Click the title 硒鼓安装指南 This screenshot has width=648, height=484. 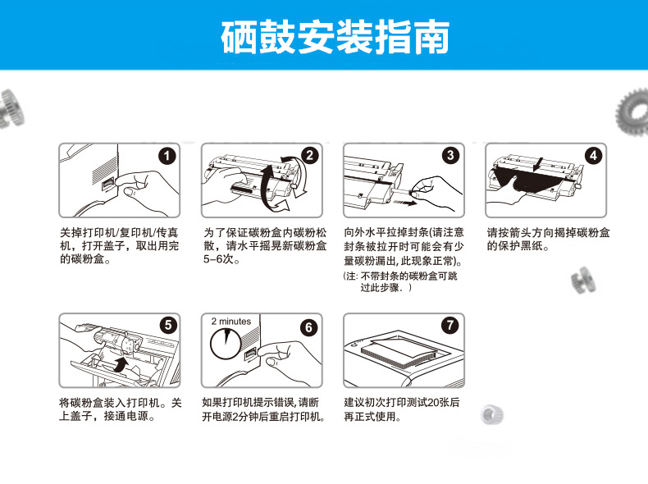335,37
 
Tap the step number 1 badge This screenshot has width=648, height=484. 167,156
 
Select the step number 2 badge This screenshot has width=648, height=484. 309,155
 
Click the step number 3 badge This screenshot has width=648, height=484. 450,155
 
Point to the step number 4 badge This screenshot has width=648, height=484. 593,155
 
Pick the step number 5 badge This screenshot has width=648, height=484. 168,325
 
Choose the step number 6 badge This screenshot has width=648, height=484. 308,328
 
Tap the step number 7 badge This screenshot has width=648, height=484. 450,325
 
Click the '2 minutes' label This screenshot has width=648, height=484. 231,321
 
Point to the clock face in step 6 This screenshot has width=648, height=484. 226,344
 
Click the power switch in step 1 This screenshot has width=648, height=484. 108,184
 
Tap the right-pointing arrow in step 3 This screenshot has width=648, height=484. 404,203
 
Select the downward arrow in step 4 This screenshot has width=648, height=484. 537,164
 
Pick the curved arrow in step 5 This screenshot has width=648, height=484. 121,364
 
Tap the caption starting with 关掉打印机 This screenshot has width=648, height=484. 120,246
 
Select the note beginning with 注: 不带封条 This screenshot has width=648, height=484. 400,282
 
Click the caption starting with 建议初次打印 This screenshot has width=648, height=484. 402,409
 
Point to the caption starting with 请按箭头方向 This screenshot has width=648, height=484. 548,240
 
